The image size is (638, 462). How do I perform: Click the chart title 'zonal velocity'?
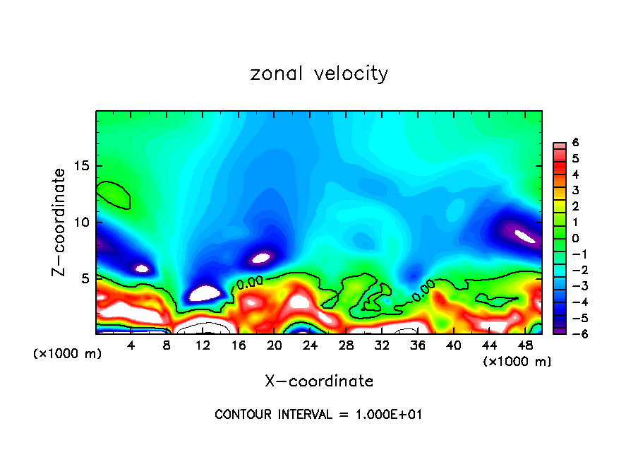click(x=319, y=73)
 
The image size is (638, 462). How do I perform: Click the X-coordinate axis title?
click(x=319, y=381)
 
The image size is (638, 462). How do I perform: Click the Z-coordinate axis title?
click(x=61, y=222)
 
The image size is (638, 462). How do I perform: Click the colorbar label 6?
click(x=575, y=143)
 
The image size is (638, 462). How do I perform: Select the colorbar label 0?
click(x=575, y=237)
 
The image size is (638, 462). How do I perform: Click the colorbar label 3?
click(x=575, y=190)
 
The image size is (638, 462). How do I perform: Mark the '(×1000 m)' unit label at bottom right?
click(x=517, y=362)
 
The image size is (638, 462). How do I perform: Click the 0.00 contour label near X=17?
click(x=250, y=283)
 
